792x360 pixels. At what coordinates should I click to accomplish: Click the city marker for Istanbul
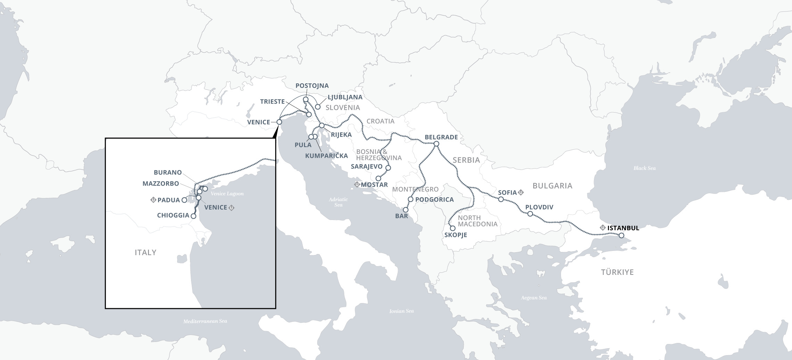coord(621,236)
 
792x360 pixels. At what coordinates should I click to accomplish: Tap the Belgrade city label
coord(441,137)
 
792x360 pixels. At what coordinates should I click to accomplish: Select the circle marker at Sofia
coord(501,199)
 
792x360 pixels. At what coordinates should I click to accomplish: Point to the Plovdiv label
coord(539,207)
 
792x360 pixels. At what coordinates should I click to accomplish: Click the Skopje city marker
coord(453,228)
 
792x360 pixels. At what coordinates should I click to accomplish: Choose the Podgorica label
coord(435,199)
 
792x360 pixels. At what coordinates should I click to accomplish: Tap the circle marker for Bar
coord(406,210)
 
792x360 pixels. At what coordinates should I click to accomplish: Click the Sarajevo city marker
coord(388,168)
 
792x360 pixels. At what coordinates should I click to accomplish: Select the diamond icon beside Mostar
coord(357,184)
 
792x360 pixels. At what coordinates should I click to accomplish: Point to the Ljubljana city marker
coord(317,106)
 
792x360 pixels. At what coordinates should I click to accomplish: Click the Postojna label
coord(312,85)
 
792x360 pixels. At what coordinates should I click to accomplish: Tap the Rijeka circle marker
coord(322,125)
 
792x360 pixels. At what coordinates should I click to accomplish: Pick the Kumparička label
coord(327,156)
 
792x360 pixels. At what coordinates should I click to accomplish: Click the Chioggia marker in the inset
coord(193,216)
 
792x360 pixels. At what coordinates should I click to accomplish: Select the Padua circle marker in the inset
coord(184,200)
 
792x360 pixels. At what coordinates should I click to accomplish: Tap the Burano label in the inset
coord(168,172)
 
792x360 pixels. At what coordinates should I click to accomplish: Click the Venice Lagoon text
coord(228,194)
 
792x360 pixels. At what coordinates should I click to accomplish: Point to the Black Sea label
coord(644,168)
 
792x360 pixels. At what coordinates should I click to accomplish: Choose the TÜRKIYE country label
coord(617,272)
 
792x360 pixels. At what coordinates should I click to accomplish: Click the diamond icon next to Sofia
coord(521,192)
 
